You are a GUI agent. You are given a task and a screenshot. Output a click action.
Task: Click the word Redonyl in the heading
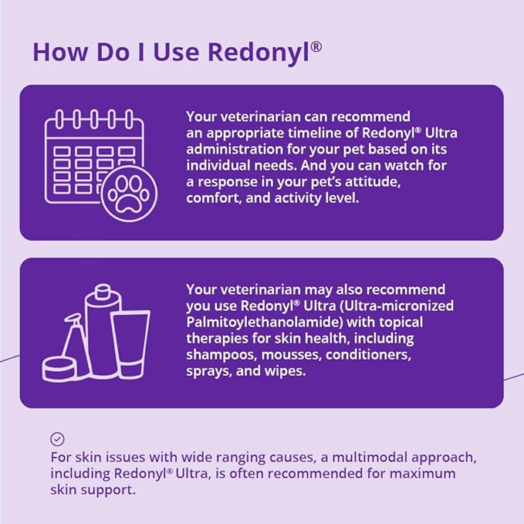click(x=259, y=53)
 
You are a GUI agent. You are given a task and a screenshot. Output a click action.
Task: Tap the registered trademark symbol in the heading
click(x=316, y=47)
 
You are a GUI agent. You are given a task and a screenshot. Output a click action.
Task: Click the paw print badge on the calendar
click(x=130, y=194)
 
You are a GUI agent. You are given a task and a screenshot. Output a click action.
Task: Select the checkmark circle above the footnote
click(x=57, y=439)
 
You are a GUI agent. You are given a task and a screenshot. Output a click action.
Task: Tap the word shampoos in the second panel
click(x=221, y=355)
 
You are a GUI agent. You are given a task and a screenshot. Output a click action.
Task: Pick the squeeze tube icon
click(x=130, y=345)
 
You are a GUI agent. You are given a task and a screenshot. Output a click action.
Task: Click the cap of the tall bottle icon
click(x=103, y=291)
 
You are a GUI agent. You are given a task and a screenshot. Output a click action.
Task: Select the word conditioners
click(x=368, y=354)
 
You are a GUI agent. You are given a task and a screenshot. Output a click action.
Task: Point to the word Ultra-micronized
click(x=397, y=306)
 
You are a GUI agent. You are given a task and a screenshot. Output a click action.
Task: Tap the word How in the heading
click(x=61, y=52)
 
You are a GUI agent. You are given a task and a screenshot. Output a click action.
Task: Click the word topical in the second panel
click(x=401, y=323)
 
